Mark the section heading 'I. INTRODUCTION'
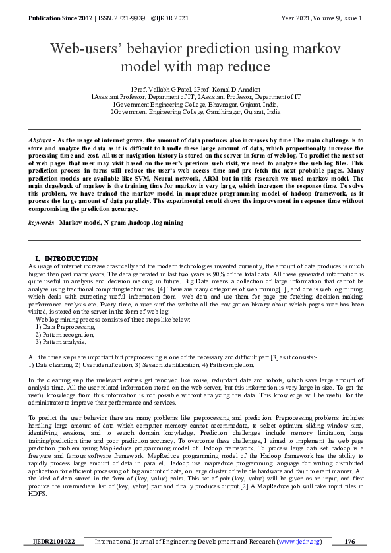pyautogui.click(x=66, y=258)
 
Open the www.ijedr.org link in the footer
pyautogui.click(x=301, y=542)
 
